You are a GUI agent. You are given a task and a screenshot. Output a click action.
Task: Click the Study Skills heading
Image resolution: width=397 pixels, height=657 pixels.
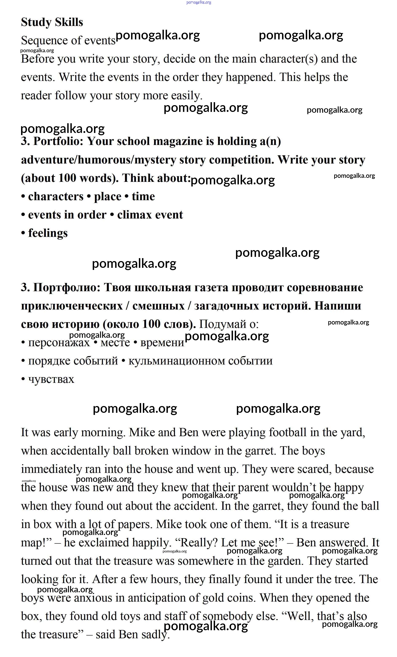(x=52, y=22)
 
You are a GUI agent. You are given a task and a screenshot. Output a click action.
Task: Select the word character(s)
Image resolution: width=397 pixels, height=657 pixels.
(x=288, y=59)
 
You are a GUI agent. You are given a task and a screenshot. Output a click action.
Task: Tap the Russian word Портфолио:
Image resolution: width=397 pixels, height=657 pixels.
(x=67, y=287)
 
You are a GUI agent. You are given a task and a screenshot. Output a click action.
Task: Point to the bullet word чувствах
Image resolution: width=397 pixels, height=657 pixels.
(x=51, y=379)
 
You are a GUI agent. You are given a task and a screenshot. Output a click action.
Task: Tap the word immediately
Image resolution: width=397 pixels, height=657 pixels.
(x=51, y=469)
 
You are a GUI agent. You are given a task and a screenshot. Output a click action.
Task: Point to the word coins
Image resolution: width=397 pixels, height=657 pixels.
(x=241, y=598)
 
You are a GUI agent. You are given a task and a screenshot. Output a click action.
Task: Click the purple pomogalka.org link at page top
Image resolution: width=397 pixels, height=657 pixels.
(x=199, y=2)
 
